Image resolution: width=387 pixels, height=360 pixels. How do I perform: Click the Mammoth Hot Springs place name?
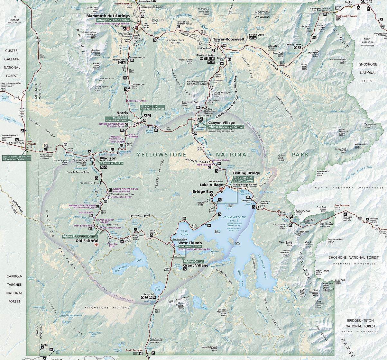pos(108,15)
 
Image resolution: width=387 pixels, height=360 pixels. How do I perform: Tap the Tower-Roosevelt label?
pos(229,39)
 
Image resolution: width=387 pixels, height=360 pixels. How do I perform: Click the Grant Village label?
pos(196,265)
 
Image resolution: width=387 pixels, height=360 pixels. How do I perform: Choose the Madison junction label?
pos(108,158)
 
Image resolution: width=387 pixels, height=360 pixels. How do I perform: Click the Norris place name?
pos(122,113)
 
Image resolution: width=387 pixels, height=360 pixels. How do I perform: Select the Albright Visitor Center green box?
pos(113,20)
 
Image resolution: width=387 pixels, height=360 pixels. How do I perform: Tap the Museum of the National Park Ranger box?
pos(152,108)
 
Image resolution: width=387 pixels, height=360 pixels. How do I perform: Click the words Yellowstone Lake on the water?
pos(234,218)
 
